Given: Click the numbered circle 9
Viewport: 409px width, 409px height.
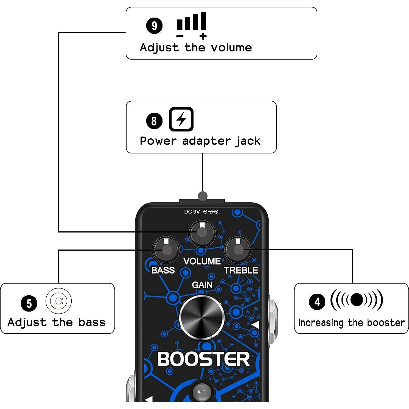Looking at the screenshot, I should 154,26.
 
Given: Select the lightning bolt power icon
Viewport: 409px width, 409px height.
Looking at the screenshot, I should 181,119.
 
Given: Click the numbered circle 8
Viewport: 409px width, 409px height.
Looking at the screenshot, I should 154,121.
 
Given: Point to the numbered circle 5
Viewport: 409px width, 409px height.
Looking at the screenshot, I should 29,303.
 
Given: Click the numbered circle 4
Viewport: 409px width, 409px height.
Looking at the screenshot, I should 317,302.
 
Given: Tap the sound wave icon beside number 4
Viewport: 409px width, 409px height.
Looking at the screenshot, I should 357,299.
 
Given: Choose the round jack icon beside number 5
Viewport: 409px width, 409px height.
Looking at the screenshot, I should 58,301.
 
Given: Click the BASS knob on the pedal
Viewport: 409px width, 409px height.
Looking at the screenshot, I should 166,250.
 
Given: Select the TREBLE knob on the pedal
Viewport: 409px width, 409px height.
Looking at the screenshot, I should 238,249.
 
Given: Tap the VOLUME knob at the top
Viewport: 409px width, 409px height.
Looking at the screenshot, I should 202,233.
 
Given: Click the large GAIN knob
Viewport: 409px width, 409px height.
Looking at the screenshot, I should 202,317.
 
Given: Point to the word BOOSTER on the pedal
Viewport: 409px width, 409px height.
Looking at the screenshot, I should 203,359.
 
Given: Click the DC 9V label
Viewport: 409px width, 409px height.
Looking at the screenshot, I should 192,212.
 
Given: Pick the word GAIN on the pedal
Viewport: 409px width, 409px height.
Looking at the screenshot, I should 202,285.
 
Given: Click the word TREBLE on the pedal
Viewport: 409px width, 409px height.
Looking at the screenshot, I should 241,270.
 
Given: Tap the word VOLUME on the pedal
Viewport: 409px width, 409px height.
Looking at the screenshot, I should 202,261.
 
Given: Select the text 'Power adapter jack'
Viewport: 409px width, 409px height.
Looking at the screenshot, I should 200,141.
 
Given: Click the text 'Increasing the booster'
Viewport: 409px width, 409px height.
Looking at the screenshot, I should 351,323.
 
